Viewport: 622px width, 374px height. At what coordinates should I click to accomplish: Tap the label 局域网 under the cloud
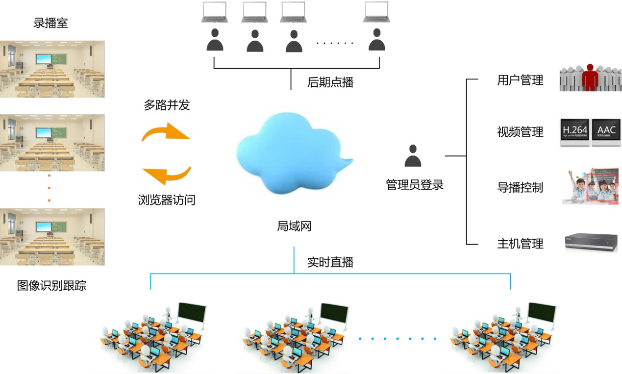point(294,226)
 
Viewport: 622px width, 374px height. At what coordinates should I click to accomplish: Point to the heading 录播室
point(50,23)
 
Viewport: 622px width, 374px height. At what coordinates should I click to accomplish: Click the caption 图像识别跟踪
point(51,286)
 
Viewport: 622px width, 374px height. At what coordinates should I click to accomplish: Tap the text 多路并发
point(166,105)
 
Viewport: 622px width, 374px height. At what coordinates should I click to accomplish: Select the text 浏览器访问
point(166,200)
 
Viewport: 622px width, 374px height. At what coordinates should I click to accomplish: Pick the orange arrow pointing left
point(166,175)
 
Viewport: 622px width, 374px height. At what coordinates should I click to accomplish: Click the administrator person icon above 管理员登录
point(413,156)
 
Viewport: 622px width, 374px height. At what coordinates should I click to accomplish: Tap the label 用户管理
point(520,80)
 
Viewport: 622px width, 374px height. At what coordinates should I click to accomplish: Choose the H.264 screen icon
point(574,131)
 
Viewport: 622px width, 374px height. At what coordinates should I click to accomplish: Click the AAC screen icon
point(606,131)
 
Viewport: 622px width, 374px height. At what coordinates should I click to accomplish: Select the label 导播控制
point(520,188)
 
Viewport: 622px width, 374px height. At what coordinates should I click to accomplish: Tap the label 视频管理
point(520,132)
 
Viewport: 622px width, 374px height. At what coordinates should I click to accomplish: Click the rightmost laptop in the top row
point(376,12)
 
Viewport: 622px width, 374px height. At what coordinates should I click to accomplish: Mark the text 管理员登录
point(415,185)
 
